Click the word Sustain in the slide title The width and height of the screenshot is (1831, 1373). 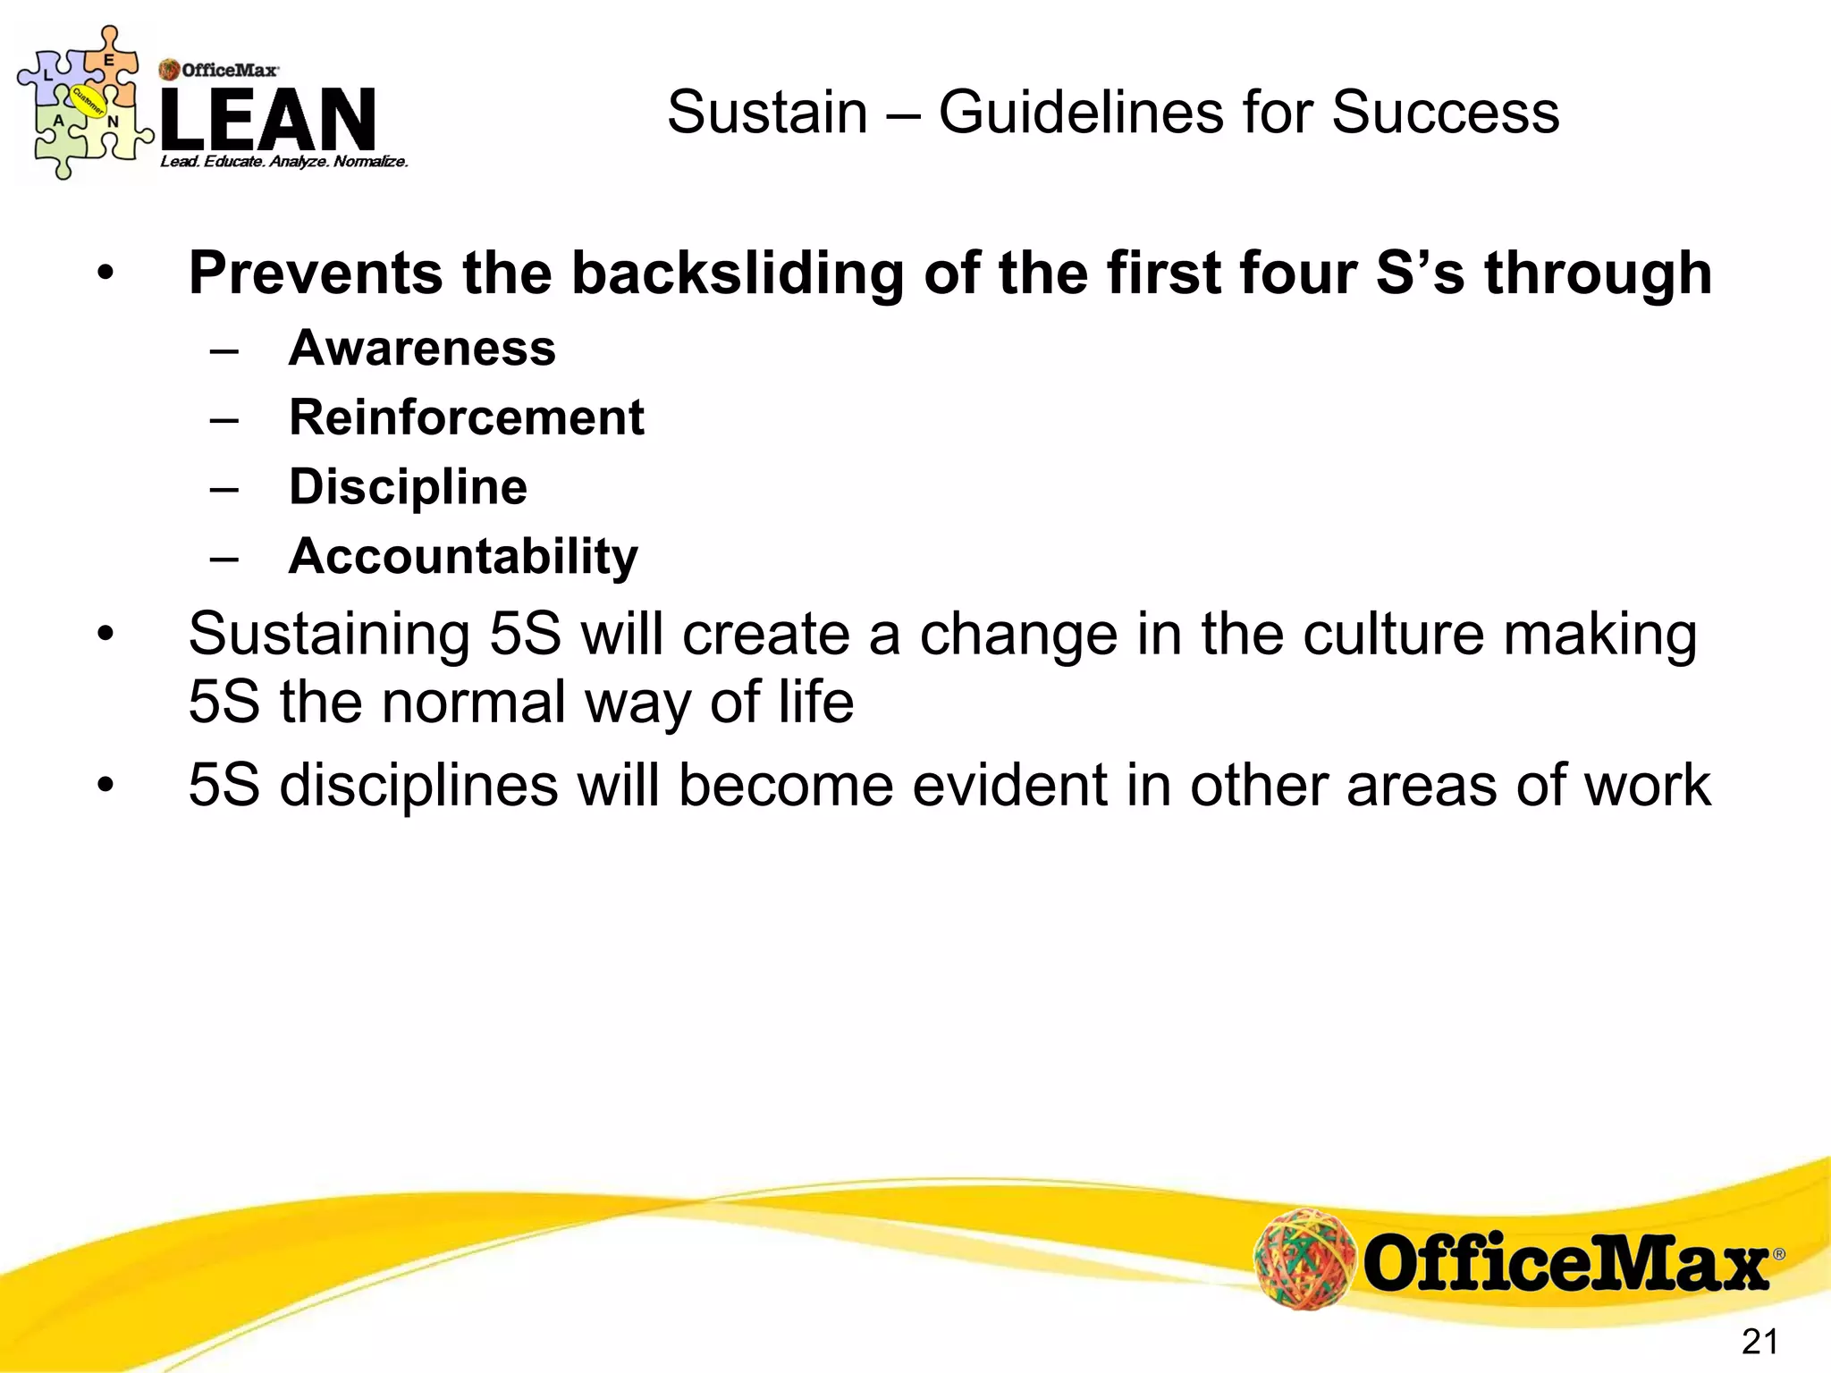[767, 114]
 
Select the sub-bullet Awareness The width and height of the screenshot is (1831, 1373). [422, 348]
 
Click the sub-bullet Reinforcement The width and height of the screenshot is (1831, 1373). [466, 417]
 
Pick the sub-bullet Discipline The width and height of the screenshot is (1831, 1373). [408, 487]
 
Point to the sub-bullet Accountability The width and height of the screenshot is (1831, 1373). [463, 557]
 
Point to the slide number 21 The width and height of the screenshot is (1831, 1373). [1759, 1342]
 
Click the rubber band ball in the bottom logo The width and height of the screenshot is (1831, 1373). [1304, 1259]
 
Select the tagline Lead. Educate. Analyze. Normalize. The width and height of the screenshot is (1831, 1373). [284, 162]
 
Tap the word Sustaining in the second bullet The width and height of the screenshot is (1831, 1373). [329, 635]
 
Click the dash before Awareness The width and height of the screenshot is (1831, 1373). [224, 350]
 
